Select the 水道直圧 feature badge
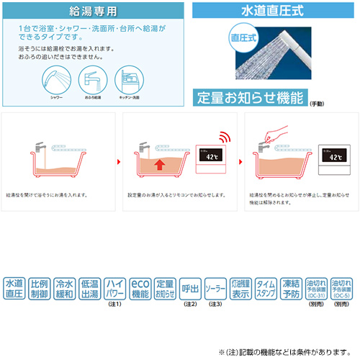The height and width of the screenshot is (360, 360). (x=14, y=289)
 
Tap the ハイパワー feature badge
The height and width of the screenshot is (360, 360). (x=114, y=289)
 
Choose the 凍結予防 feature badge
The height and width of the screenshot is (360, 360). (x=290, y=289)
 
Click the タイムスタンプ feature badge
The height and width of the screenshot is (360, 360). (x=265, y=289)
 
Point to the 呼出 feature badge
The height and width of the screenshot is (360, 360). (x=190, y=289)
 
